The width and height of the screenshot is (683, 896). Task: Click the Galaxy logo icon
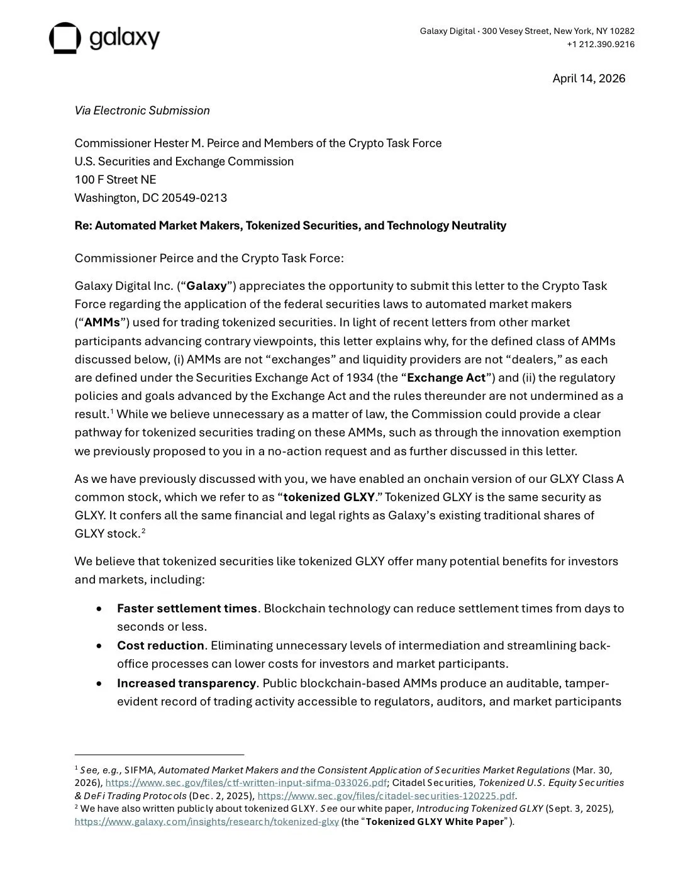point(65,38)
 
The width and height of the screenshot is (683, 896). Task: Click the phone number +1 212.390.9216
point(601,44)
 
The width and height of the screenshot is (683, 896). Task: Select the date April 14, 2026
point(589,79)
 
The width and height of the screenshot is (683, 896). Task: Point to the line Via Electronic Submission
point(142,111)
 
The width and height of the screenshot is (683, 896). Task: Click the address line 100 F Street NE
point(115,180)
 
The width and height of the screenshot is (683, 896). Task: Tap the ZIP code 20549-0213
point(194,198)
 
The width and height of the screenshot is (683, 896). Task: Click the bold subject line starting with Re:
point(290,226)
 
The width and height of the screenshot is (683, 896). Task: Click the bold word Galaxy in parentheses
point(206,286)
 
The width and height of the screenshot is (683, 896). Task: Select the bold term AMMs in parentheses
point(102,323)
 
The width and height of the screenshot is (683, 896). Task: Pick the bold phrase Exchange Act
point(446,378)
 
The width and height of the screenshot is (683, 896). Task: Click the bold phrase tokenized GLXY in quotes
point(329,497)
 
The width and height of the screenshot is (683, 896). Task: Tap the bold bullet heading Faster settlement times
point(187,609)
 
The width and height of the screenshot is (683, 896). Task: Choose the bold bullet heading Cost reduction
point(160,646)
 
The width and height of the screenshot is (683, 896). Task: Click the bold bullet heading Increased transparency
point(186,683)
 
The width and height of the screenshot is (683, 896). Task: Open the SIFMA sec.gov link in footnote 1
point(246,783)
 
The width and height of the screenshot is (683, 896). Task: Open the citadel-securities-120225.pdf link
point(386,796)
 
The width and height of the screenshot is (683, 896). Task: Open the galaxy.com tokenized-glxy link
point(206,822)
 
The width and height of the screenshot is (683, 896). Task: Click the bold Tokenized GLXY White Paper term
point(435,822)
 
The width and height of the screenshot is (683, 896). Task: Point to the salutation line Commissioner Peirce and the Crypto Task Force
point(209,258)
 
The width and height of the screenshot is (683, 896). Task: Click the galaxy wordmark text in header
point(125,38)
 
